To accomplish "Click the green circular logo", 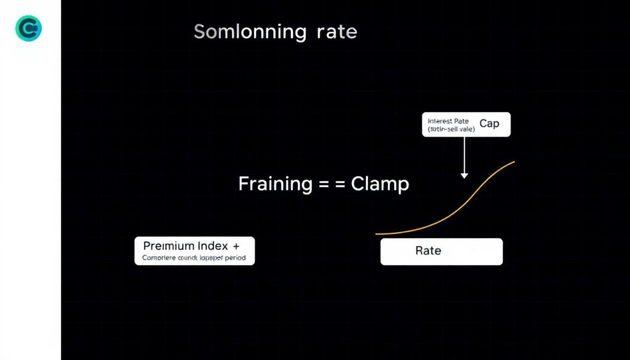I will (28, 29).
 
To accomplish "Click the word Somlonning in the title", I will (250, 31).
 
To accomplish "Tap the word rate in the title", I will (336, 31).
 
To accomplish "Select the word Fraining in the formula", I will (275, 183).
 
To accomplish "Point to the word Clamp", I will (380, 183).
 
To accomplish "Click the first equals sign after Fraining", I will (323, 184).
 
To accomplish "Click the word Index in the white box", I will (211, 246).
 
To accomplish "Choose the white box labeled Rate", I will (441, 252).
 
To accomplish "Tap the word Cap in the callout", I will (490, 124).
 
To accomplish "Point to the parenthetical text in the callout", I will (452, 130).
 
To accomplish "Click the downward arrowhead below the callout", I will (465, 175).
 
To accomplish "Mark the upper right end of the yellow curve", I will (514, 162).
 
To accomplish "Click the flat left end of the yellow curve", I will (377, 234).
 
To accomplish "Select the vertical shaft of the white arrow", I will (465, 154).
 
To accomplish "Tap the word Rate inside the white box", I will (428, 251).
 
